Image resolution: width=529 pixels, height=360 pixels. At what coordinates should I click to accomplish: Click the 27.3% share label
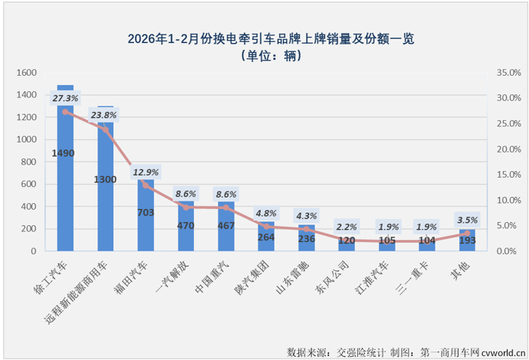65,99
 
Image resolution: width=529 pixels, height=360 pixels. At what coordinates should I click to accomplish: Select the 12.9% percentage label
146,172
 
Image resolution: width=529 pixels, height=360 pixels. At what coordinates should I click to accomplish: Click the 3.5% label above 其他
467,219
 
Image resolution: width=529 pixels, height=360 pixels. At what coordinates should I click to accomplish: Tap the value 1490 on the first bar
64,153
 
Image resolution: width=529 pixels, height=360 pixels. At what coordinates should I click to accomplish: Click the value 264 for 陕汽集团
266,237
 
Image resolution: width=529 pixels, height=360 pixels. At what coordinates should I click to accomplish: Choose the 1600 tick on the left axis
25,73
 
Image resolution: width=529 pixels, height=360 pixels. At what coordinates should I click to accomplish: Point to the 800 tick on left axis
28,162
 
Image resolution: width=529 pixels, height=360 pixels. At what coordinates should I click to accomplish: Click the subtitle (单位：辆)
264,55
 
